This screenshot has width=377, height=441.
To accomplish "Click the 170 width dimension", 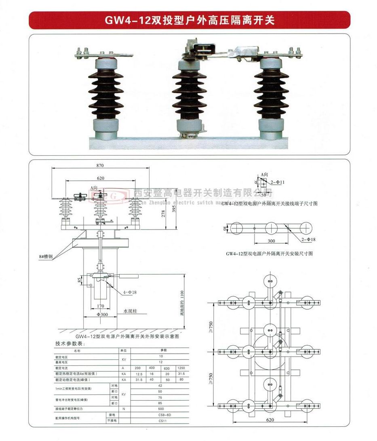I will point(101,306).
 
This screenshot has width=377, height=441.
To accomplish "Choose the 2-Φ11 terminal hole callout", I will point(278,182).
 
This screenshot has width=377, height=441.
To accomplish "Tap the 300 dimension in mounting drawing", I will point(271,241).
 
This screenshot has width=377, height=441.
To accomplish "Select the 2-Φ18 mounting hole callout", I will point(308,239).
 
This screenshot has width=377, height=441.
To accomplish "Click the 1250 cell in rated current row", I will point(181,368).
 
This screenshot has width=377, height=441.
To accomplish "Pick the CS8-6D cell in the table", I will point(164,415).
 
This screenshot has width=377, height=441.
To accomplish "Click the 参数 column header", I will point(164,350).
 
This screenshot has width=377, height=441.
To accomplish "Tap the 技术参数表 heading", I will point(70,344).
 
